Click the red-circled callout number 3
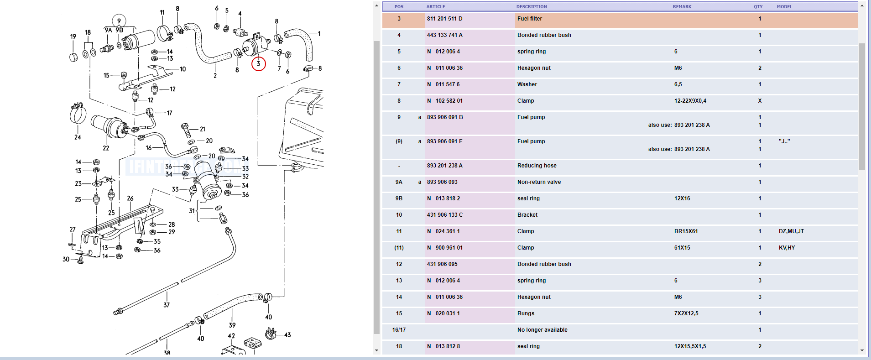point(258,64)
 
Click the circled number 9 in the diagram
point(119,21)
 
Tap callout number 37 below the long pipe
point(167,305)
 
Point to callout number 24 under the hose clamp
point(78,137)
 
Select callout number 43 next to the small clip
point(287,335)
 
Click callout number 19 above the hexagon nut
point(73,37)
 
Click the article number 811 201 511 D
point(444,19)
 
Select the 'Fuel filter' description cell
point(530,19)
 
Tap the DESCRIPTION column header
point(532,6)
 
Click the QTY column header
point(758,6)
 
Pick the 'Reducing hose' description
point(537,166)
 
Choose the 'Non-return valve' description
point(539,182)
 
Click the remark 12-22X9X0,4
point(690,101)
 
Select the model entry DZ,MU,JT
point(791,231)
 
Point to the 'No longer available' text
point(542,330)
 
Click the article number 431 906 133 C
point(444,215)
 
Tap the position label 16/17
point(399,330)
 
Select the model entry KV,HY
point(787,248)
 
